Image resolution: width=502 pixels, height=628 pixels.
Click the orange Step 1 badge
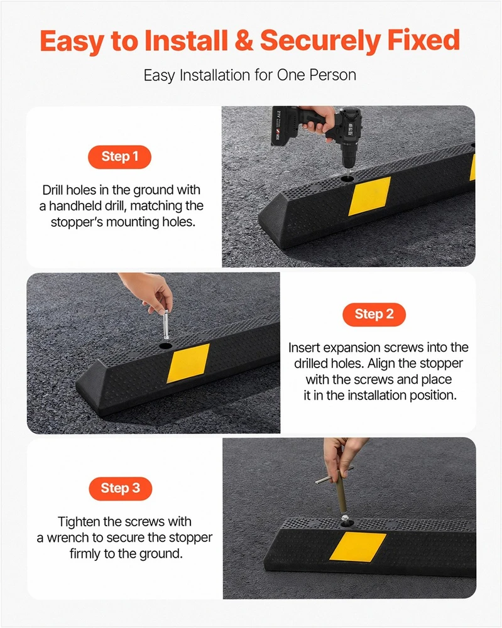coord(119,156)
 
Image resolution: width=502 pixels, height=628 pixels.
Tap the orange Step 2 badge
coord(374,315)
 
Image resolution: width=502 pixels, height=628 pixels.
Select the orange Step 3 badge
coord(120,489)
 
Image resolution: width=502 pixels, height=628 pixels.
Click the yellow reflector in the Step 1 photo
coord(369,196)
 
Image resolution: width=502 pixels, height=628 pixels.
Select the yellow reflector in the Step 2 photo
coord(188,363)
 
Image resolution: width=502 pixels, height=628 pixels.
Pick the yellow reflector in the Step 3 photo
coord(357,547)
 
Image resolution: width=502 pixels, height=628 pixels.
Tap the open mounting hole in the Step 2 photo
coord(165,345)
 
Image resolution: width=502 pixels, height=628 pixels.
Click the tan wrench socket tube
coord(342,492)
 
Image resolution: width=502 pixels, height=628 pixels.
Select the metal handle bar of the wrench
coord(334,474)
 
